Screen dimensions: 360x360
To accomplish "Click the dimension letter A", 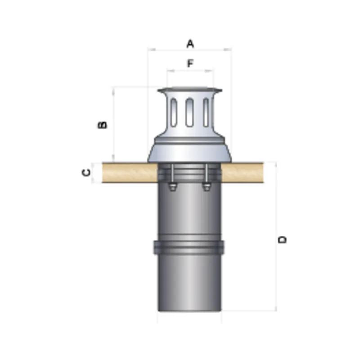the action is click(x=190, y=44).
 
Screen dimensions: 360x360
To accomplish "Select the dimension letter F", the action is click(x=190, y=63).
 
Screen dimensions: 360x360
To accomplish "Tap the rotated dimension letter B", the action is click(x=103, y=125).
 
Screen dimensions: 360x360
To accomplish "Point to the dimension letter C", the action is click(x=86, y=172).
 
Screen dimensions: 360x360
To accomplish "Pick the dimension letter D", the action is click(x=282, y=239).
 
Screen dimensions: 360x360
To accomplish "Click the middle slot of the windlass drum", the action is click(x=189, y=112).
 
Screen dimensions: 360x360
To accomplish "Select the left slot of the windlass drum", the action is click(x=174, y=112).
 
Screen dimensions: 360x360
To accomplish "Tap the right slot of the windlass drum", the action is click(x=206, y=112).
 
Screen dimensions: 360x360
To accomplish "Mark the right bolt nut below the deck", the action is click(x=207, y=187).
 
